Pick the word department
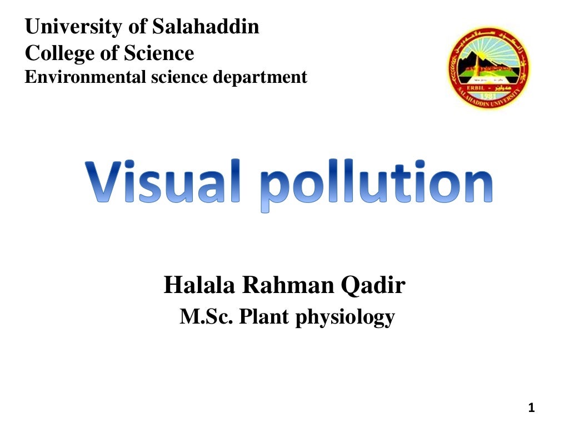coord(261,77)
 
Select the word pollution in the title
coord(377,184)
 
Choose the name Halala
coord(198,286)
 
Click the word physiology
coord(345,318)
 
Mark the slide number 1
coord(531,409)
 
